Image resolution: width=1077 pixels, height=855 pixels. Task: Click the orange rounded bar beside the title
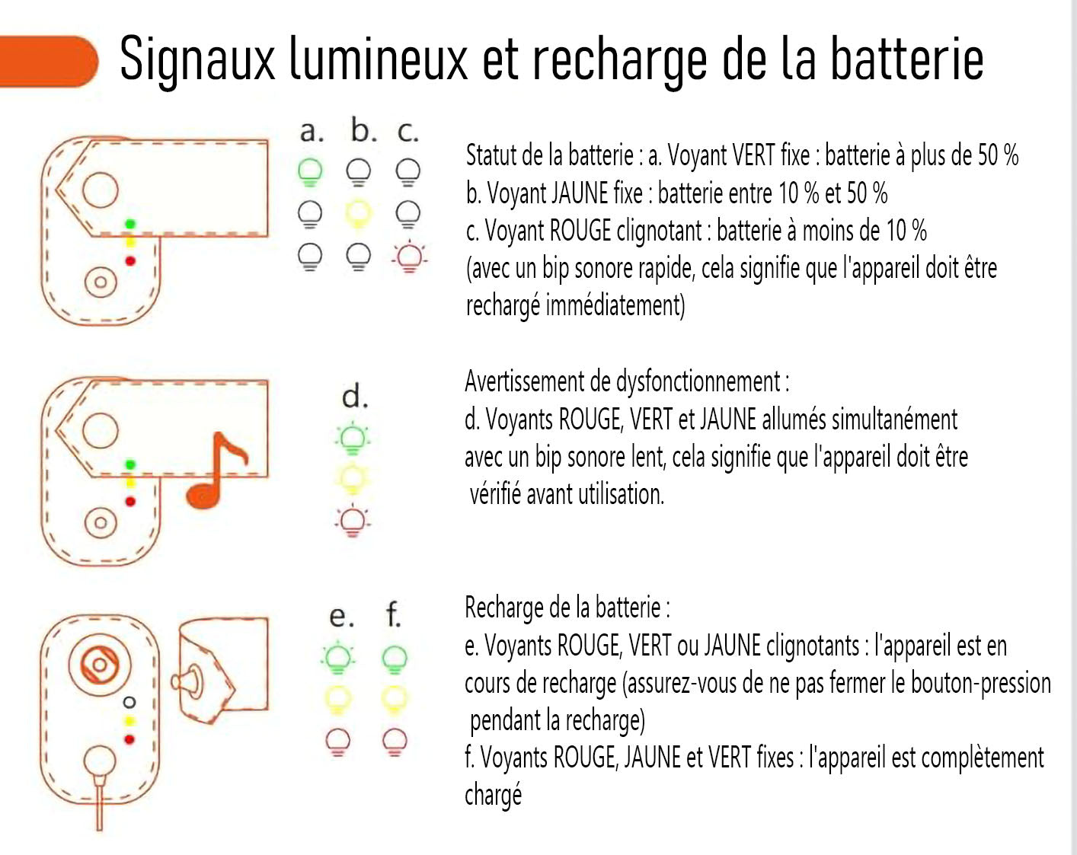[47, 61]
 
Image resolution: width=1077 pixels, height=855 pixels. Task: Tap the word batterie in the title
[906, 59]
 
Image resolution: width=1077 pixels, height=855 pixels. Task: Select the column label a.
[311, 132]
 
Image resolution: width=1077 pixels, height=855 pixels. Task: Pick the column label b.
[363, 131]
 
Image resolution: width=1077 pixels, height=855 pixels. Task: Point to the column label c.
[407, 132]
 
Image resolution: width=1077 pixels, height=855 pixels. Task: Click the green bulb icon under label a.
[310, 172]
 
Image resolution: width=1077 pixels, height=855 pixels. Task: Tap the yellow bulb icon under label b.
[358, 214]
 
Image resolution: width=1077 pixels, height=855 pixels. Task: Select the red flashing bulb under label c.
[409, 257]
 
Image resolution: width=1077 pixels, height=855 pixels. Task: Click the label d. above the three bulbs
[355, 397]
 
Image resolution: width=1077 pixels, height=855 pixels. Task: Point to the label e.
[340, 615]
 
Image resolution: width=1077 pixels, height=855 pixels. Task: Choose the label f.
[393, 614]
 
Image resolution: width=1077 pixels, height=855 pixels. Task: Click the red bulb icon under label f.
[394, 741]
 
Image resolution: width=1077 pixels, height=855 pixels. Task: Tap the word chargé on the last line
[494, 795]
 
